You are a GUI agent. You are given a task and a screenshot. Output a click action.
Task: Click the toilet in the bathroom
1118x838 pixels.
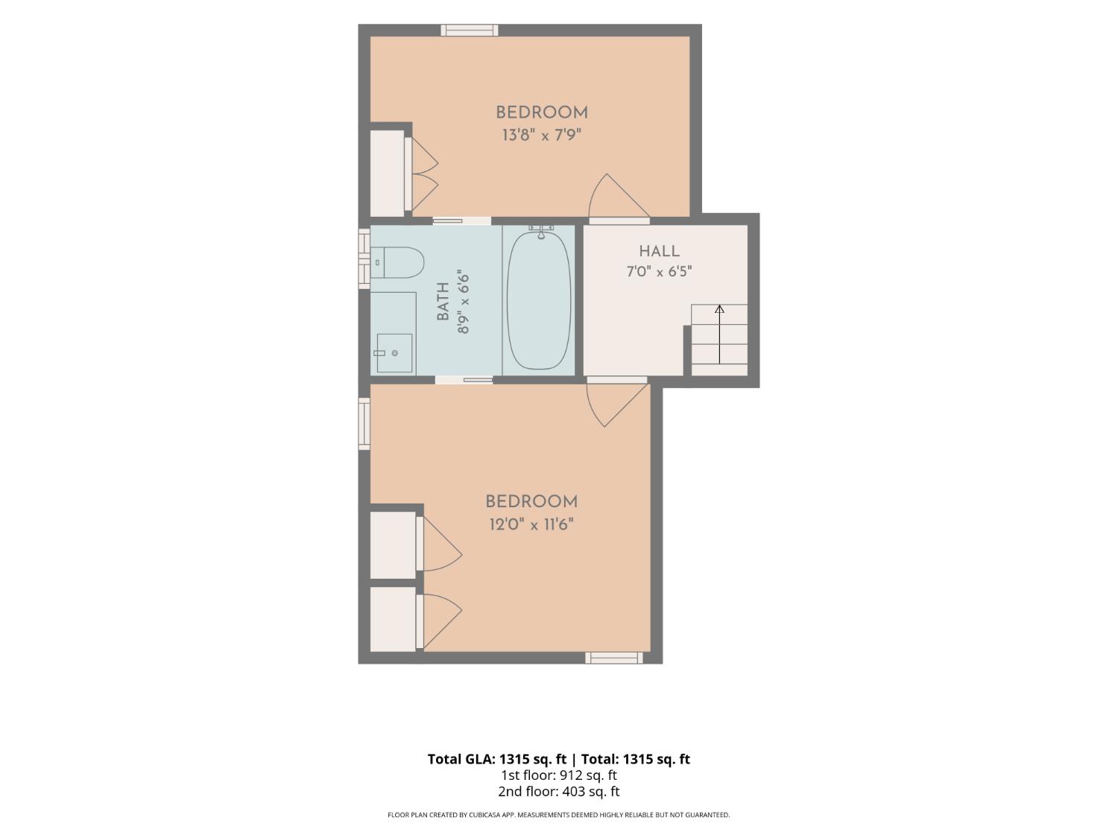[x=397, y=262]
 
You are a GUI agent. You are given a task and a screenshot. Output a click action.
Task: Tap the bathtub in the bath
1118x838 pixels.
[x=539, y=301]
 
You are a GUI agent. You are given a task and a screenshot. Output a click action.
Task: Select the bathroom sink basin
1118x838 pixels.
[x=394, y=352]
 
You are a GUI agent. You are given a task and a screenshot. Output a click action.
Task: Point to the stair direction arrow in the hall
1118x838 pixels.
[x=719, y=334]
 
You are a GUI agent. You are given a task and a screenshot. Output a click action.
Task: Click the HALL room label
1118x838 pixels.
[x=659, y=251]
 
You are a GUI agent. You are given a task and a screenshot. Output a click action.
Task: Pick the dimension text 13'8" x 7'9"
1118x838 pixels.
[x=541, y=136]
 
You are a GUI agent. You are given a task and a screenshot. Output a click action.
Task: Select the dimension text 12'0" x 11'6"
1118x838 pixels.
[x=531, y=524]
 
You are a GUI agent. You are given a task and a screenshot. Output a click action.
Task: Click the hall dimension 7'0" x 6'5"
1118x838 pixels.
[x=659, y=272]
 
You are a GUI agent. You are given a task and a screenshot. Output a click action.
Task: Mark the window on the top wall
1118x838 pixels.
[x=469, y=30]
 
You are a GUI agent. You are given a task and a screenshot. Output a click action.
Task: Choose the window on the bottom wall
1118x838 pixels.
[x=613, y=658]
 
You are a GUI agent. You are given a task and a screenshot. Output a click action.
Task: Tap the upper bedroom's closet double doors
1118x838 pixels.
[x=421, y=174]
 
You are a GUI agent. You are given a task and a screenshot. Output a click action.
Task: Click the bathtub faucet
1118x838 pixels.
[x=541, y=231]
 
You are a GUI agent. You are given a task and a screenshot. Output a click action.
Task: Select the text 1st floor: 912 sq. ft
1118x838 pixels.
[x=559, y=775]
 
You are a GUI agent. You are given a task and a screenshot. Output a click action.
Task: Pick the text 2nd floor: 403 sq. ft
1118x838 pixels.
[x=559, y=791]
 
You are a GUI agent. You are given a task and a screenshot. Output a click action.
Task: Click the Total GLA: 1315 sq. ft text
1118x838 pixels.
[x=496, y=758]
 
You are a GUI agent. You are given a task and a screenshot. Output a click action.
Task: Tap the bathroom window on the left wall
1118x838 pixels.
[x=364, y=258]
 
